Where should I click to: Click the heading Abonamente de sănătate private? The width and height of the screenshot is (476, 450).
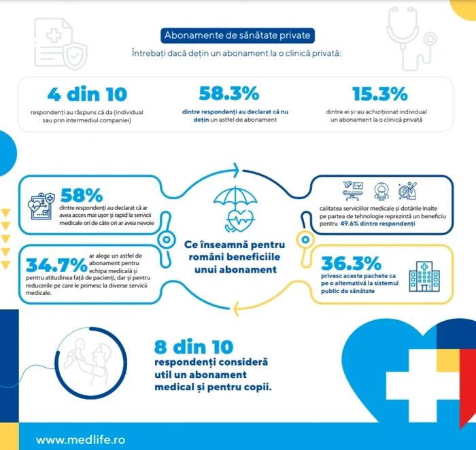[238, 35]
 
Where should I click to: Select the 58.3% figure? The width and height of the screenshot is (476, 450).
[228, 94]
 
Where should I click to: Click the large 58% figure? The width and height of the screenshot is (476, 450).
[81, 195]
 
